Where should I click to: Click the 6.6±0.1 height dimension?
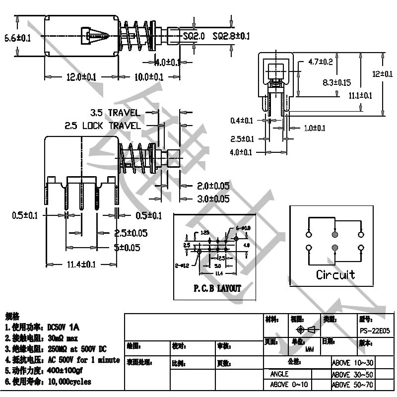(17, 38)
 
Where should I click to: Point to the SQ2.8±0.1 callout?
(231, 36)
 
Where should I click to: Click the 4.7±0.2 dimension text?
(320, 62)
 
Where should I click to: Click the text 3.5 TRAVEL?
(115, 113)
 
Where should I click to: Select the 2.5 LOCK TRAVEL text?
(102, 126)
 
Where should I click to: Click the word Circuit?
(335, 274)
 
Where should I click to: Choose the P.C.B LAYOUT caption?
(217, 288)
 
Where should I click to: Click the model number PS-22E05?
(374, 330)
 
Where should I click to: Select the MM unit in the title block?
(310, 349)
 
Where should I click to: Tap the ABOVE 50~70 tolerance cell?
(352, 385)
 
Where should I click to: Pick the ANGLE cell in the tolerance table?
(279, 374)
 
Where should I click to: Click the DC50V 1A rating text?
(63, 328)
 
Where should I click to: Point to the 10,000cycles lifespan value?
(69, 382)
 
